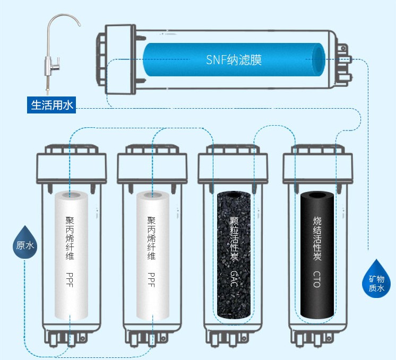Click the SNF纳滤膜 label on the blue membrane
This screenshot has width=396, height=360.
click(x=234, y=59)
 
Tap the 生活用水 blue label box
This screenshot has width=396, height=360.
click(x=52, y=105)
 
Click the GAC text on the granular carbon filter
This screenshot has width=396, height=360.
click(x=234, y=278)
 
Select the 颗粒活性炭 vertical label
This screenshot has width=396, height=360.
click(x=234, y=238)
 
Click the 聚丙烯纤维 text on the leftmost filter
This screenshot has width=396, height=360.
click(x=70, y=238)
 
